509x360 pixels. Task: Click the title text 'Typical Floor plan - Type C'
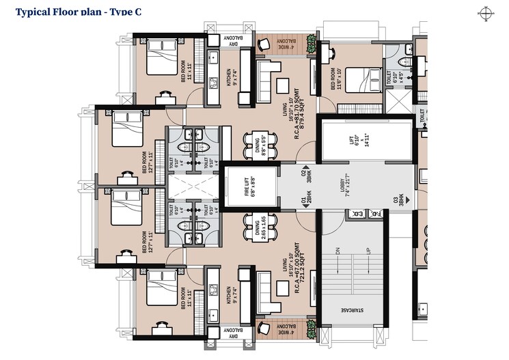pos(78,12)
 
